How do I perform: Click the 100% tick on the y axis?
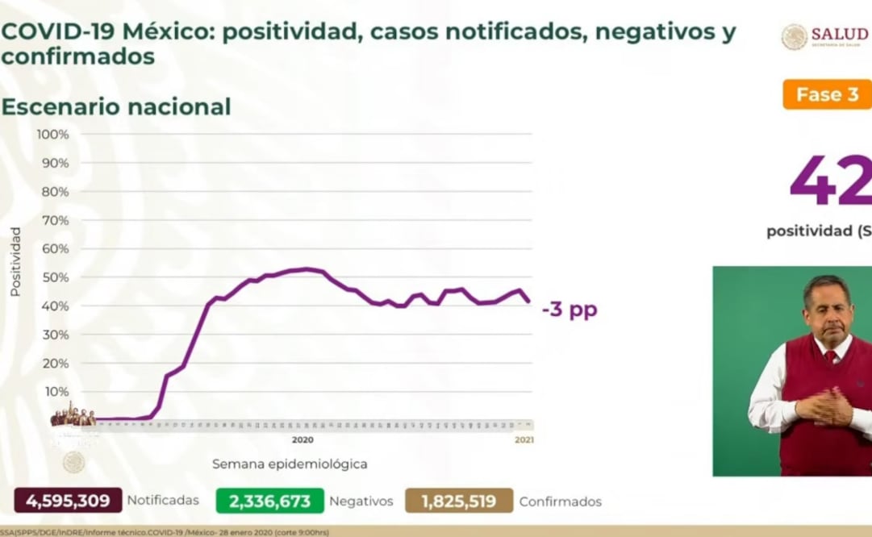coord(52,134)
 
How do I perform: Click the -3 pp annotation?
coord(570,310)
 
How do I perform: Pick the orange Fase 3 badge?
coord(827,94)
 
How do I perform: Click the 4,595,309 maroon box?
coord(68,501)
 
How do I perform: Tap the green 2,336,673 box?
coord(269,501)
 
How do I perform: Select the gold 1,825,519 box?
coord(458,501)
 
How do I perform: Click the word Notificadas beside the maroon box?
coord(163,501)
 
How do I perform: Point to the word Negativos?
coord(361,502)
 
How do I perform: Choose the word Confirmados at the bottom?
coord(560,502)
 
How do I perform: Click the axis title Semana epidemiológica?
coord(290,464)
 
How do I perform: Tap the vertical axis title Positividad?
coord(15,261)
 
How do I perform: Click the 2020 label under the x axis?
coord(302,440)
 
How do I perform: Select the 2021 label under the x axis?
coord(524,440)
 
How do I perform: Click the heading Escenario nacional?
coord(116,106)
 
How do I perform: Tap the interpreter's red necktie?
coord(831,356)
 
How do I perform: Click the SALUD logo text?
coord(839,34)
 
